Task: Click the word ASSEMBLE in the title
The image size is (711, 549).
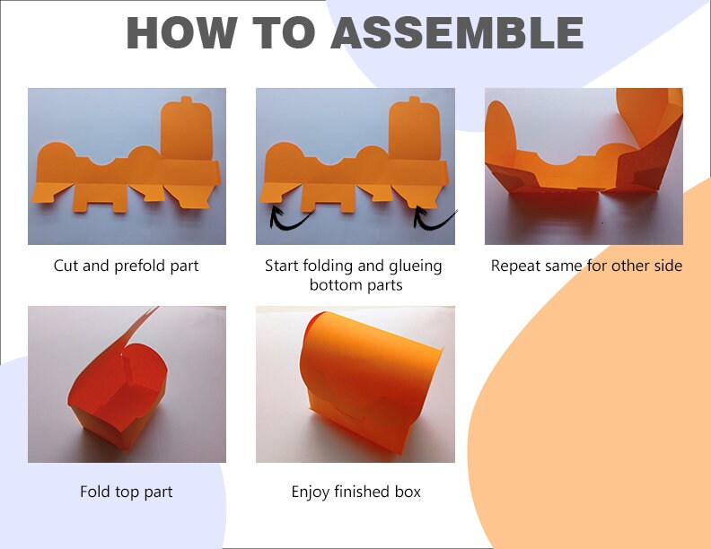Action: click(x=457, y=32)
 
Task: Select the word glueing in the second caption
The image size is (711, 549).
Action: click(x=416, y=266)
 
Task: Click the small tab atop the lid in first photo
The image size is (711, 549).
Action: click(x=187, y=100)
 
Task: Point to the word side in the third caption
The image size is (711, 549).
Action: click(x=668, y=266)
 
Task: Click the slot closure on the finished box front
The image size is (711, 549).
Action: click(x=349, y=414)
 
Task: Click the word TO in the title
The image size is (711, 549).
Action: click(x=284, y=32)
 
